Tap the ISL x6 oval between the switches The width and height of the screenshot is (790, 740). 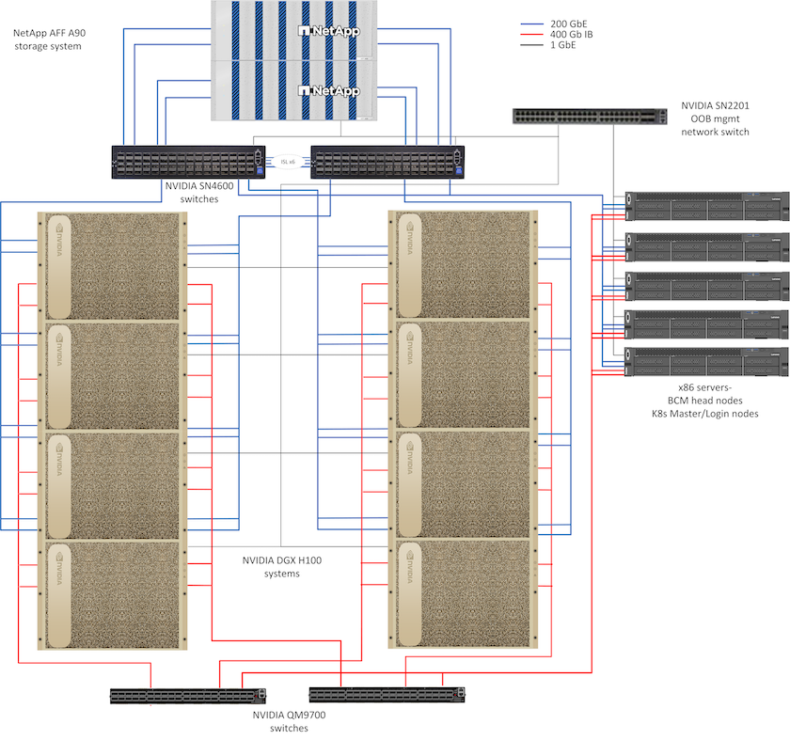click(x=287, y=162)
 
